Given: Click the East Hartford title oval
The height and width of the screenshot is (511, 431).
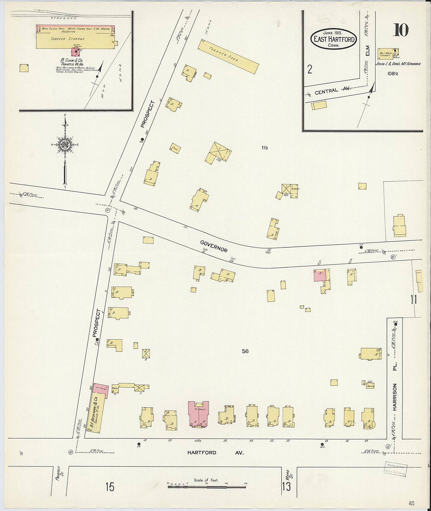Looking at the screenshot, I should point(333,39).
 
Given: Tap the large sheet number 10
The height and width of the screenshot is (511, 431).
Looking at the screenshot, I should point(401,30).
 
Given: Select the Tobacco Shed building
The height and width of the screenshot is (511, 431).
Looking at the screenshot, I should point(228,56).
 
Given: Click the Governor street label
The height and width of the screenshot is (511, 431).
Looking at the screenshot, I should point(214,246).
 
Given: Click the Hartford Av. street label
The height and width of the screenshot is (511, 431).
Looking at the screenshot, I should point(215,452).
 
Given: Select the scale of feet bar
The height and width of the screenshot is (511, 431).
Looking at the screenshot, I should point(207,487).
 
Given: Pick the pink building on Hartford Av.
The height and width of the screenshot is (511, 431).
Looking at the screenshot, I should point(198,414).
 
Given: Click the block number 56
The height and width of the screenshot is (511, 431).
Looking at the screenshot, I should point(245,351).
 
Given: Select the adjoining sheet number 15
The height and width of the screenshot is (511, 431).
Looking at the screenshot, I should point(110,487).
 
